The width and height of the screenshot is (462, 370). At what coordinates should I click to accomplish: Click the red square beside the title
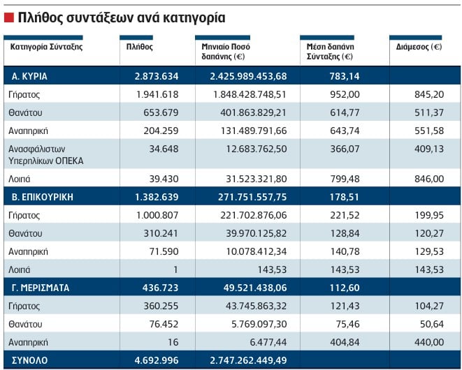[9, 17]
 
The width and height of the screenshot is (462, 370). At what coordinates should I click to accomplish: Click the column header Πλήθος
[139, 47]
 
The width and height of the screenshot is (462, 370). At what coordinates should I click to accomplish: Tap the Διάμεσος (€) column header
[419, 47]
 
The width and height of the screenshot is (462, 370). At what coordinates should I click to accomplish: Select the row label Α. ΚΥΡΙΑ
[29, 76]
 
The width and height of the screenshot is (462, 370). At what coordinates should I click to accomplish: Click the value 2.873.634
[157, 76]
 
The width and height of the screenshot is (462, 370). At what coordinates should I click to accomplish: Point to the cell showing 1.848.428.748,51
[250, 94]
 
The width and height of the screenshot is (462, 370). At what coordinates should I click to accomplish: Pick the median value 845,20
[429, 94]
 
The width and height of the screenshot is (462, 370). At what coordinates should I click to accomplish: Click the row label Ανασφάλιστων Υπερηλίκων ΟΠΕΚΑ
[46, 155]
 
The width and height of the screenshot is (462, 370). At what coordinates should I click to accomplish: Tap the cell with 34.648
[164, 149]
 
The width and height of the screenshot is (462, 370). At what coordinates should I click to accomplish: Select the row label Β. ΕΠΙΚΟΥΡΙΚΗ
[43, 197]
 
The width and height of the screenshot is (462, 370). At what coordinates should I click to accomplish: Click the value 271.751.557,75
[252, 197]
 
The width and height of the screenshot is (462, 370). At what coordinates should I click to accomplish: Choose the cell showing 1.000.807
[157, 215]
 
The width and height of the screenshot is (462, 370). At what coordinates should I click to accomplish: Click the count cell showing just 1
[175, 269]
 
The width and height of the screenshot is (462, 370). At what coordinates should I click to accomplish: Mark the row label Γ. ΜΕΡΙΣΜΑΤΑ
[41, 288]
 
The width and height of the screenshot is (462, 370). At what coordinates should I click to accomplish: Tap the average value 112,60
[345, 288]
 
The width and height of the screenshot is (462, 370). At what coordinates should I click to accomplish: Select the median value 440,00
[429, 342]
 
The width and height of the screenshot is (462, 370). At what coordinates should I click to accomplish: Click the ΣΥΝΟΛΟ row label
[30, 360]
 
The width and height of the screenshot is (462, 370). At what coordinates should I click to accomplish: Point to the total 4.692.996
[157, 360]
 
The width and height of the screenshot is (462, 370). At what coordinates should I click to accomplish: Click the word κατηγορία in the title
[194, 18]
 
